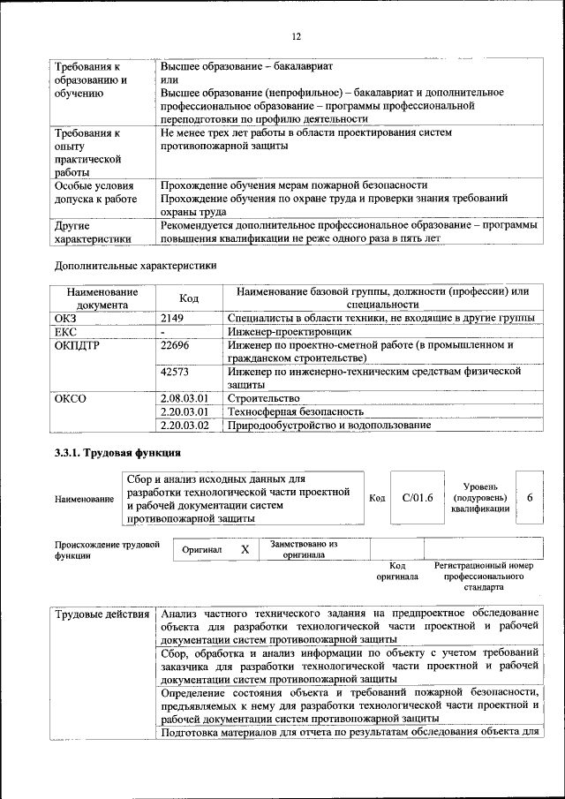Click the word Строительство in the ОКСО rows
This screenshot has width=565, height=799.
[x=263, y=399]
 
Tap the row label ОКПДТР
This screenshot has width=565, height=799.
[x=77, y=345]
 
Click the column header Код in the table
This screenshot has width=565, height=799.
[x=189, y=298]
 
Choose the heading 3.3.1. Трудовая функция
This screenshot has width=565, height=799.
[x=118, y=454]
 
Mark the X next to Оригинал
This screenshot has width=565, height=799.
[x=245, y=549]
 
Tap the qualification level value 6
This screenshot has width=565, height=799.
[x=530, y=498]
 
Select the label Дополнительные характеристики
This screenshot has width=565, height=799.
[x=135, y=264]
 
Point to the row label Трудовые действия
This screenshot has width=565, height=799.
[x=102, y=614]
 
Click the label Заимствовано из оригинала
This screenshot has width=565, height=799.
[x=304, y=549]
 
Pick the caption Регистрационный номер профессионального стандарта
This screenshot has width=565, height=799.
[x=484, y=575]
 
